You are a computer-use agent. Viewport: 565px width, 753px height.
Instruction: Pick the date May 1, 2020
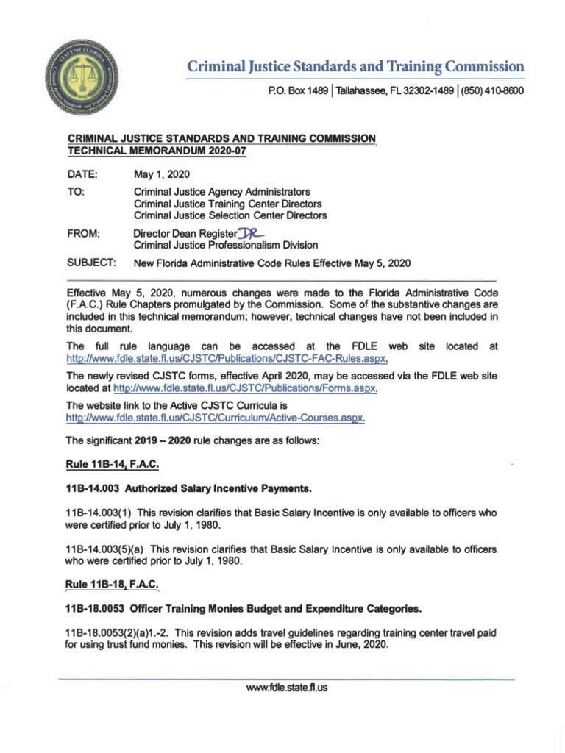click(161, 174)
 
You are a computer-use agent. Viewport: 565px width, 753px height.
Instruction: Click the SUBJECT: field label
click(91, 263)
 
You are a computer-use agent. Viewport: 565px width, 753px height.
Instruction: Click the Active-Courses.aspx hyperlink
click(216, 417)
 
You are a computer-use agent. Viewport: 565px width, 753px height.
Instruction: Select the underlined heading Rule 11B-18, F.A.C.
click(113, 585)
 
